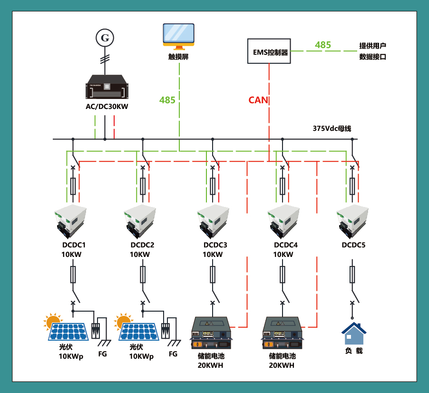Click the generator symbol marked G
tap(105, 38)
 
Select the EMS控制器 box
tap(269, 51)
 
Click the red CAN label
tap(258, 100)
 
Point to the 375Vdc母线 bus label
tap(332, 128)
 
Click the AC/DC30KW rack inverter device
tap(107, 87)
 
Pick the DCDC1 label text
tap(74, 245)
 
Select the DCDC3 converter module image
tap(213, 222)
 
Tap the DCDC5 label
tap(353, 245)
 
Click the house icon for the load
tap(354, 334)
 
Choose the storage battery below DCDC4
tap(283, 333)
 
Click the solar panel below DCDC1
tap(68, 332)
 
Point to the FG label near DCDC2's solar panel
tap(173, 354)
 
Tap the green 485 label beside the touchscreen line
tap(167, 100)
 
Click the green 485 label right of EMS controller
tap(323, 45)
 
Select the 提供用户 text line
tap(372, 46)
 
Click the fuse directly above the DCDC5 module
tap(352, 187)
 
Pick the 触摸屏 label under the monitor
tap(178, 57)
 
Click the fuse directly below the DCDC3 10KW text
tap(213, 275)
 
